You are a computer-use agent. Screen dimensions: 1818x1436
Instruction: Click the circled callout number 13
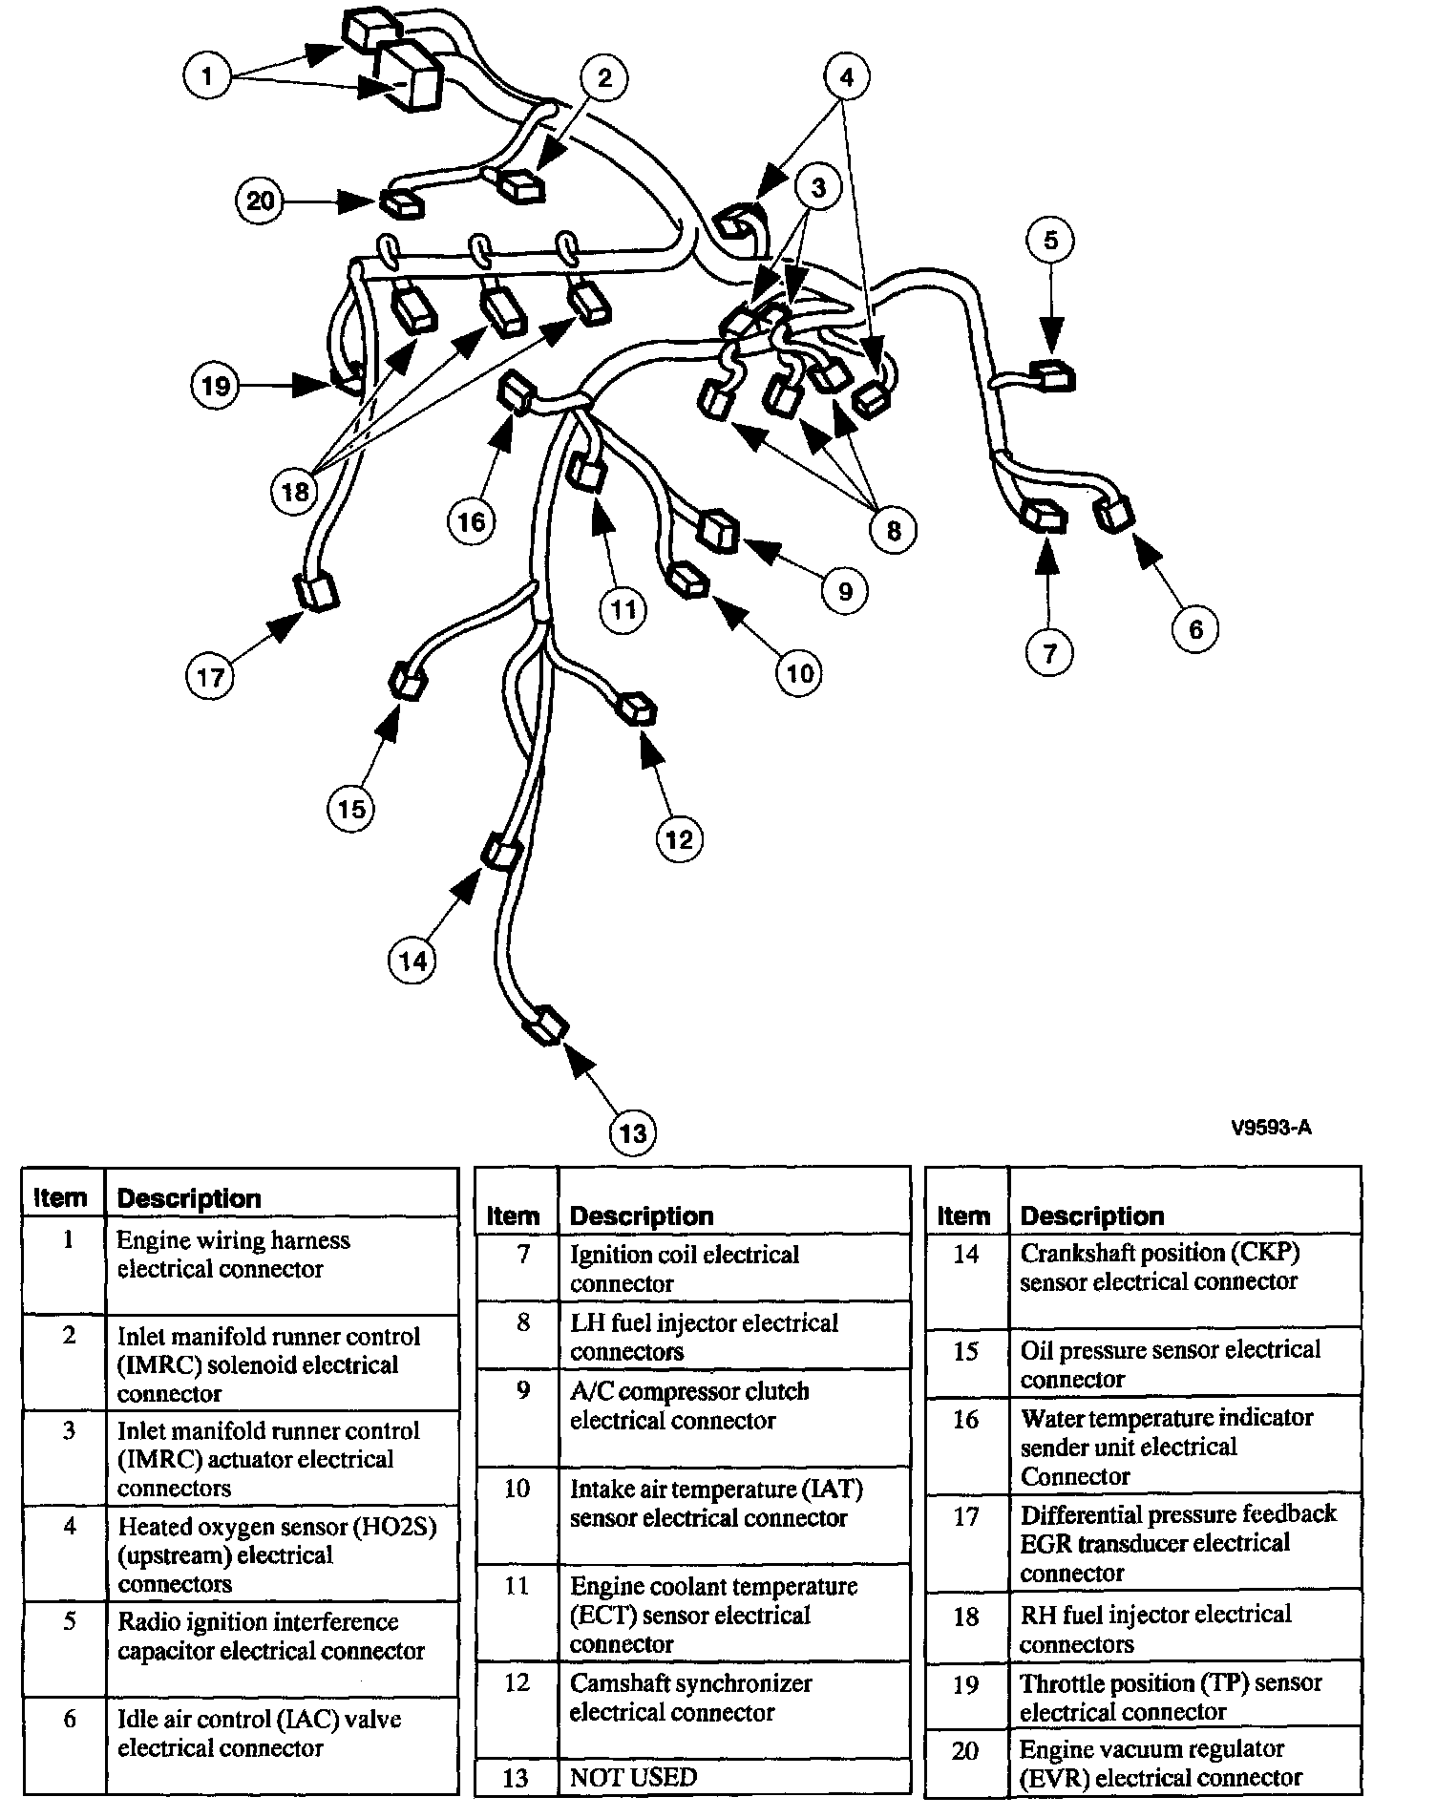point(633,1132)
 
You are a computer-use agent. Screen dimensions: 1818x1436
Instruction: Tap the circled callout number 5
point(1050,240)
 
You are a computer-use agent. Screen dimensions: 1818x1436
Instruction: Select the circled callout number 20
point(261,201)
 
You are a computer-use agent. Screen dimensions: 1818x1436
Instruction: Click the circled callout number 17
point(210,676)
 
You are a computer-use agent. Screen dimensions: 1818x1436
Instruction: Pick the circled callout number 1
point(209,74)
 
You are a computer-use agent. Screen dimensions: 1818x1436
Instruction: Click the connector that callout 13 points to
point(546,1026)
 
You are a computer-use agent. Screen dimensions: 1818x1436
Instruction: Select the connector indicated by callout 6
point(1116,514)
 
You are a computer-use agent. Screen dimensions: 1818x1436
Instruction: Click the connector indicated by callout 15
point(409,682)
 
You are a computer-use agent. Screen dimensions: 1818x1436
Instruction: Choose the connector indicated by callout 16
point(517,392)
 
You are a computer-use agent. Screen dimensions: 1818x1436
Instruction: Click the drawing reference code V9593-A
point(1270,1128)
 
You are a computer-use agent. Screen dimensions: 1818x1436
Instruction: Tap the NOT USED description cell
point(634,1777)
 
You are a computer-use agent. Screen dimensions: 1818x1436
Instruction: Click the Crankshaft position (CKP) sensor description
point(1159,1266)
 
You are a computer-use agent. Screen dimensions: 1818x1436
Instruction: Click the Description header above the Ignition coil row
point(642,1216)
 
